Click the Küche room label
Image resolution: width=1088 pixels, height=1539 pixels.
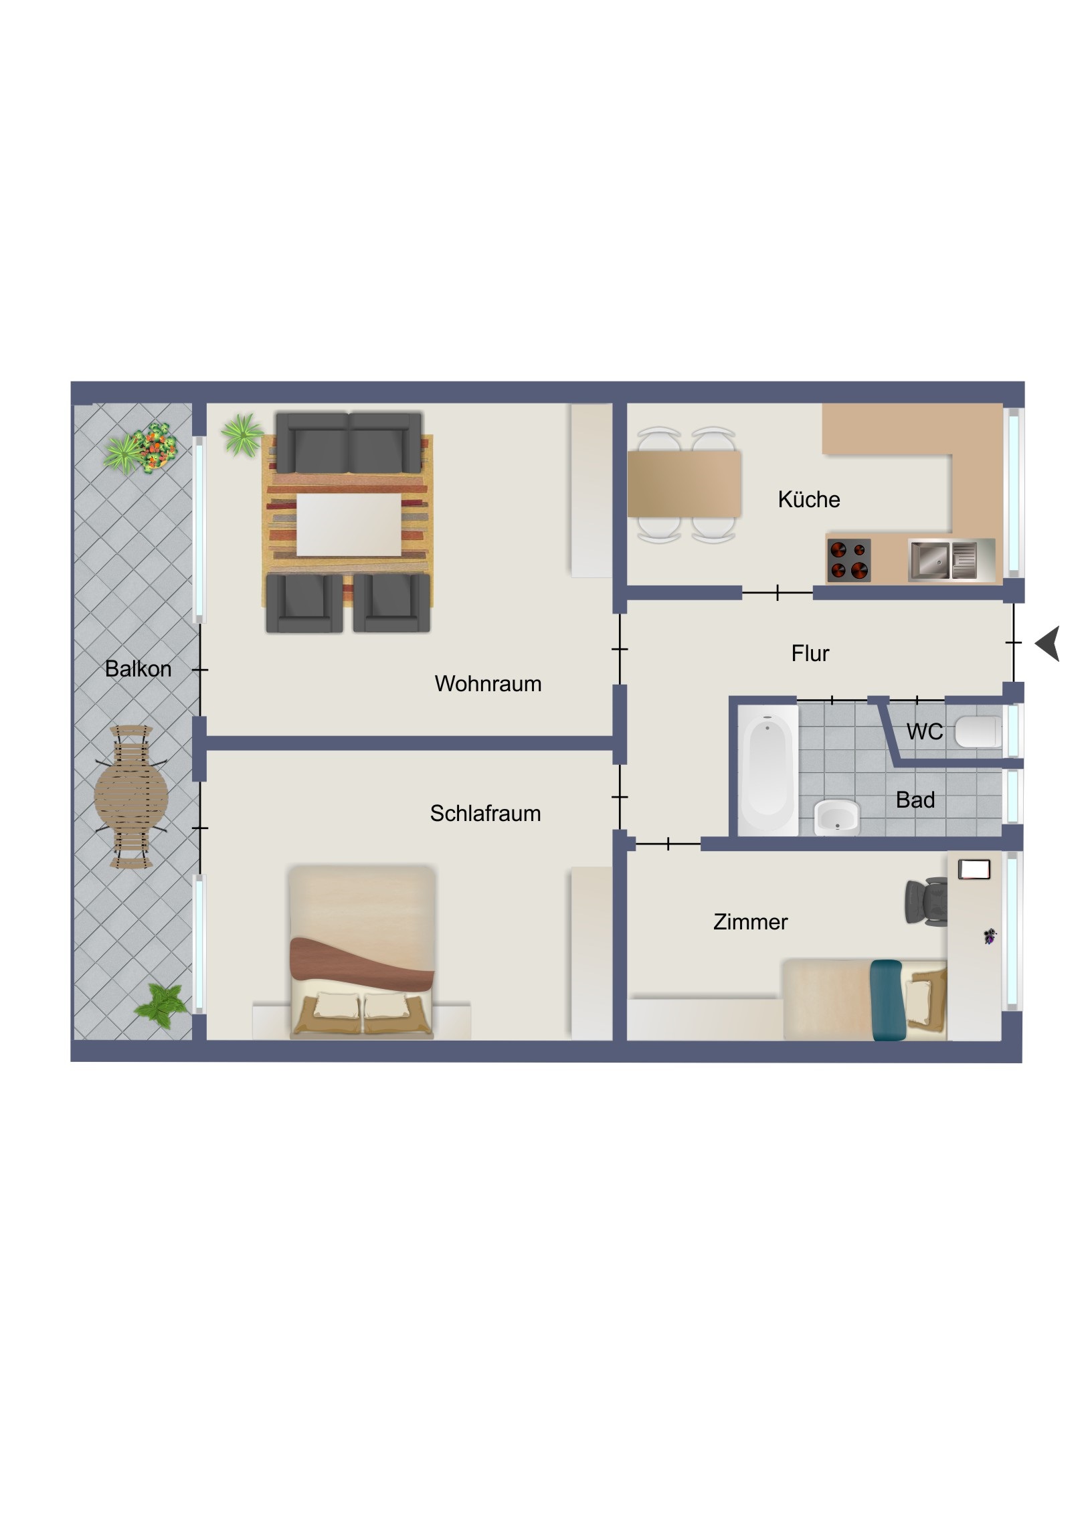click(x=808, y=499)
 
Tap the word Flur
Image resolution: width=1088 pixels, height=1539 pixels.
click(x=810, y=653)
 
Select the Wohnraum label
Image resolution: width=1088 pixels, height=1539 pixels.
click(x=488, y=684)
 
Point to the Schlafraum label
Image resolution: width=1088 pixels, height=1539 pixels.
click(x=485, y=813)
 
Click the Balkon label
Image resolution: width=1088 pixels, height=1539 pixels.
click(x=138, y=668)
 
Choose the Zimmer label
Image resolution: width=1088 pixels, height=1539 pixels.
click(x=750, y=921)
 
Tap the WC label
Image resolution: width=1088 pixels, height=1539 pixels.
click(x=925, y=731)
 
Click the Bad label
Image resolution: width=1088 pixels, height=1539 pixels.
click(x=915, y=800)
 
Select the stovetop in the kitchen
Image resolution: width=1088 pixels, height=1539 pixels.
click(x=848, y=560)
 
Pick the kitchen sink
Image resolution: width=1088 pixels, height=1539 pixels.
click(x=943, y=559)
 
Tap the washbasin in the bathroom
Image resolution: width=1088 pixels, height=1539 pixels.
click(x=836, y=817)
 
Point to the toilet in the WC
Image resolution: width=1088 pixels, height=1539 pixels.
click(x=978, y=732)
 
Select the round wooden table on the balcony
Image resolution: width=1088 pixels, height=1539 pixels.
click(x=131, y=797)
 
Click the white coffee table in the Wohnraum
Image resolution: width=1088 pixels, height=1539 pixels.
click(x=349, y=525)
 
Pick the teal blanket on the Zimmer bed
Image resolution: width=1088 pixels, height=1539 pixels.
click(x=887, y=1000)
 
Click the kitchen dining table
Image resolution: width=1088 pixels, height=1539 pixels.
click(x=684, y=484)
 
